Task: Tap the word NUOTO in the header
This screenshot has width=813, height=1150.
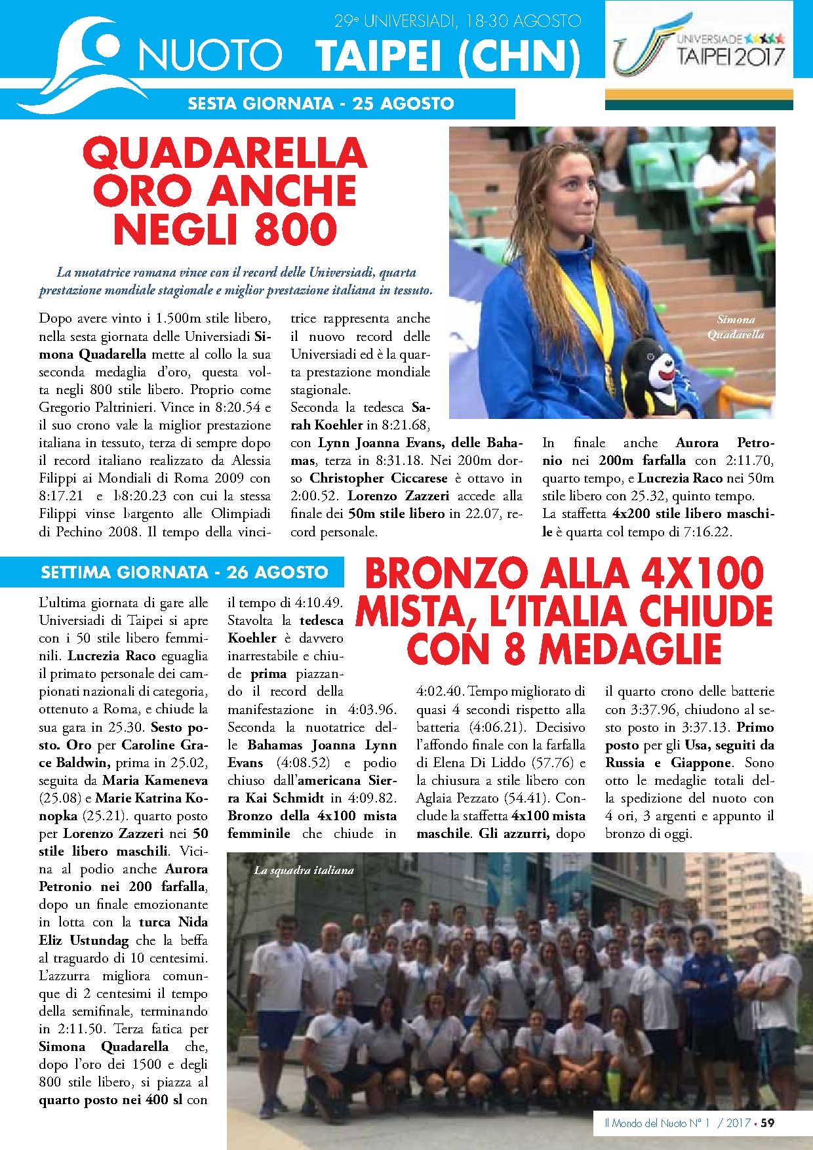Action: pyautogui.click(x=210, y=55)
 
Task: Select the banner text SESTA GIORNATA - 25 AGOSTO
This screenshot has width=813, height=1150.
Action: pyautogui.click(x=321, y=104)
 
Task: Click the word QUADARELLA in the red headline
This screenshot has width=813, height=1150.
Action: pyautogui.click(x=224, y=153)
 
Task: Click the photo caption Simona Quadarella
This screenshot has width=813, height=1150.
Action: pyautogui.click(x=736, y=327)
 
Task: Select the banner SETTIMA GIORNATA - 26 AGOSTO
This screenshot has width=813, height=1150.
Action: pyautogui.click(x=184, y=572)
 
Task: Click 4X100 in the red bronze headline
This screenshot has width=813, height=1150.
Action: pyautogui.click(x=702, y=574)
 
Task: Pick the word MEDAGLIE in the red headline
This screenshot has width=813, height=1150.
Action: pyautogui.click(x=630, y=649)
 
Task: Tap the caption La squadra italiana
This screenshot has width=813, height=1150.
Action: pyautogui.click(x=304, y=871)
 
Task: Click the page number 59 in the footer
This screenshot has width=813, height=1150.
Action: pyautogui.click(x=767, y=1123)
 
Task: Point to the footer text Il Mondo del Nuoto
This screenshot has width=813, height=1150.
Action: pyautogui.click(x=646, y=1123)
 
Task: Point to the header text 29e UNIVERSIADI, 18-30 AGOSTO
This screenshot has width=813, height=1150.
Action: pyautogui.click(x=457, y=21)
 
